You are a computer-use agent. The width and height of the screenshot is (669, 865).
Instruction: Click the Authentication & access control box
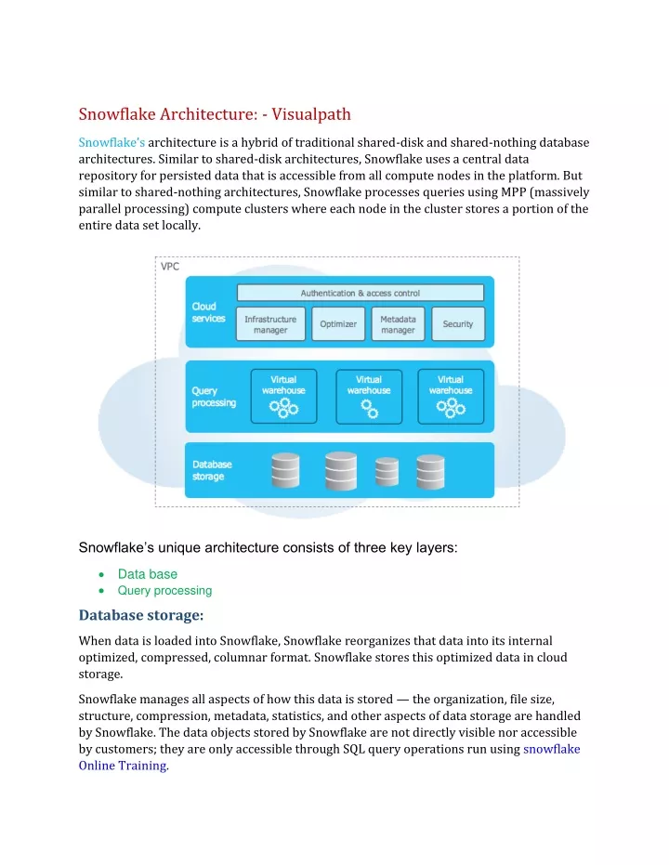[x=360, y=294]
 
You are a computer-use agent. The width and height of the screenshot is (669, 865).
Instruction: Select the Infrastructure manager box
[x=270, y=324]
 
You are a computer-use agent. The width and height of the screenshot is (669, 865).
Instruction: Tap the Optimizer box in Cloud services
[x=338, y=324]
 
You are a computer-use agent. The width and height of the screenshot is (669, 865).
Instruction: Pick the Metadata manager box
[x=398, y=324]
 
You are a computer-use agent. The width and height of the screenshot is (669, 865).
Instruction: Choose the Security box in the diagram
[x=457, y=324]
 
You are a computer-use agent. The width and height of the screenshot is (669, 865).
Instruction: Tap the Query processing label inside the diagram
[x=214, y=397]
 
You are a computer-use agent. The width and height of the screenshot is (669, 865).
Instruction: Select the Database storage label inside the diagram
[x=211, y=470]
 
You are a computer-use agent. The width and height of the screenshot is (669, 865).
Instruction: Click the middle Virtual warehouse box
[x=369, y=397]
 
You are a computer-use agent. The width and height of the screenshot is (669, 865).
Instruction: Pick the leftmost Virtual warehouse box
[x=283, y=397]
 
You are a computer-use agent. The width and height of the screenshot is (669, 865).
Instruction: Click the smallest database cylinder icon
[x=385, y=471]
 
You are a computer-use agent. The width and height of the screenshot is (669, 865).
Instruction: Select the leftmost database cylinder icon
[x=285, y=470]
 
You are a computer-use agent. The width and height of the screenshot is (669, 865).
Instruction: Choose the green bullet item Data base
[x=147, y=574]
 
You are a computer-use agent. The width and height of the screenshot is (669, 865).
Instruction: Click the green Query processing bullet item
[x=164, y=590]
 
